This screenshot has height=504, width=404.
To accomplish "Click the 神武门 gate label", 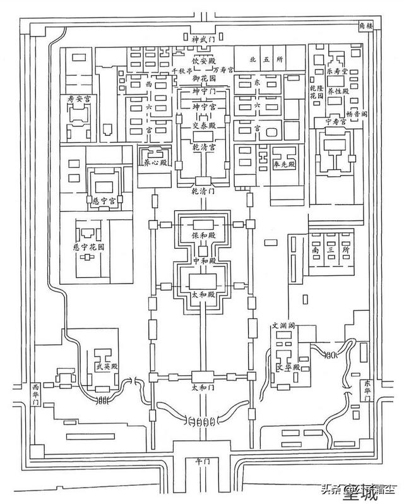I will [203, 39].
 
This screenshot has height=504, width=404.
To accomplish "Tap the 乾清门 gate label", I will [203, 189].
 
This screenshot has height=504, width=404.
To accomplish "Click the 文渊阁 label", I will [284, 326].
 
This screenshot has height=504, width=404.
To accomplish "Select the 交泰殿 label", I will [203, 126].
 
